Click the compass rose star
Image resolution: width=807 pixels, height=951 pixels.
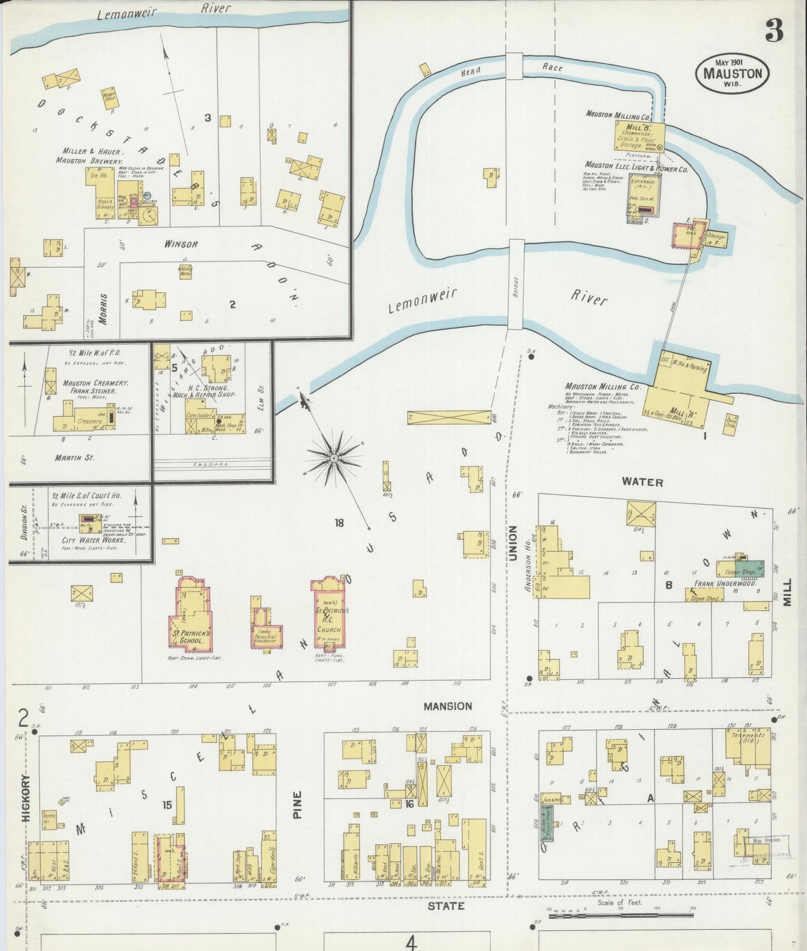[333, 458]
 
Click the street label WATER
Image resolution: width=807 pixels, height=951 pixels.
[642, 482]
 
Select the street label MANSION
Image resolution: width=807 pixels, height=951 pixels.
[447, 706]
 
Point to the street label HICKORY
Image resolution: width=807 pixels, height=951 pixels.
[26, 798]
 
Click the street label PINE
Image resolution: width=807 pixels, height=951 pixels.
[297, 805]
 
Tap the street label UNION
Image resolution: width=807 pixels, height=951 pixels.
[513, 543]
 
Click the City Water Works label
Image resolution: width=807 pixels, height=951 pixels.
[92, 540]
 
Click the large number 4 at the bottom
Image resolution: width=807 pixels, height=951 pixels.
[411, 943]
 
